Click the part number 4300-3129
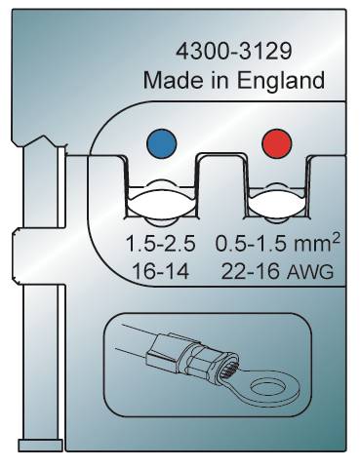click(x=233, y=51)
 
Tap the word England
click(x=280, y=81)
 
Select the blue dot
click(x=162, y=143)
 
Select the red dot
click(x=277, y=143)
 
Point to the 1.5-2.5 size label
click(x=160, y=244)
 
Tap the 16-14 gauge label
click(x=161, y=272)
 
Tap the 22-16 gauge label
click(x=250, y=272)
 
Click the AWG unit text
click(x=310, y=272)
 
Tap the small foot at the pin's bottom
click(x=40, y=446)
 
